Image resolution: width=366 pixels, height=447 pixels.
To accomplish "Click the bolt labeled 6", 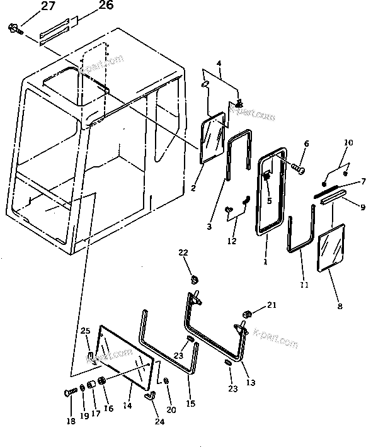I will pos(299,169).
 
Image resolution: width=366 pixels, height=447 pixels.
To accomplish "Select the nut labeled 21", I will pos(248,314).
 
